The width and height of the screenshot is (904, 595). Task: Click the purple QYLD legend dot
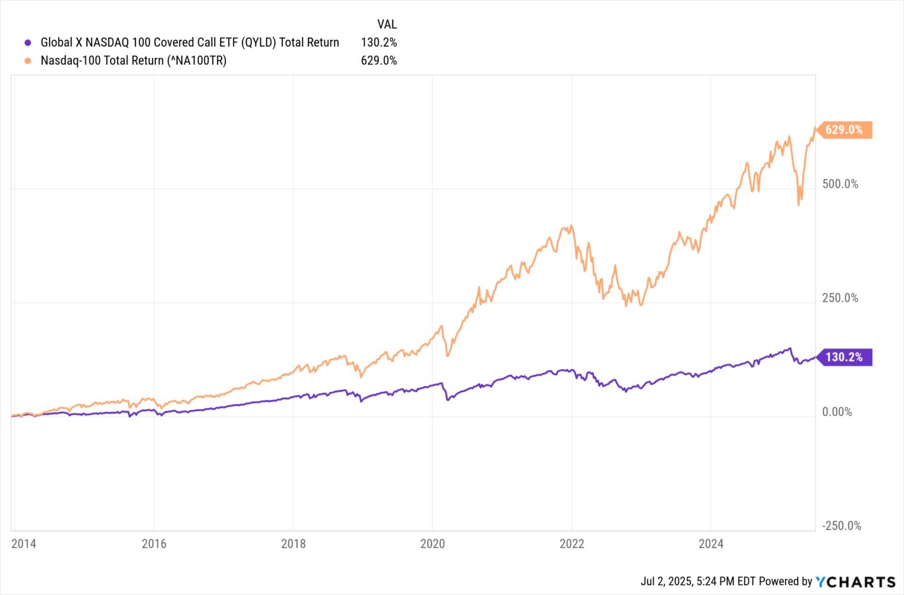[x=28, y=42]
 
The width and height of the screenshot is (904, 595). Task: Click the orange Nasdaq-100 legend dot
[x=28, y=61]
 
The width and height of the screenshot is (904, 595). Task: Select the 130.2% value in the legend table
[x=378, y=42]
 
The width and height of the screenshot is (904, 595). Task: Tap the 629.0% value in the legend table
[x=378, y=61]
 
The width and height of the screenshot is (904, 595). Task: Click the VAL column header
[x=387, y=24]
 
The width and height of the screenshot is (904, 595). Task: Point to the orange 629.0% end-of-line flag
[x=843, y=129]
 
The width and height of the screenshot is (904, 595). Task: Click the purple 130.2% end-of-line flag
[x=843, y=357]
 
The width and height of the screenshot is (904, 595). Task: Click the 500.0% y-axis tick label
[x=840, y=184]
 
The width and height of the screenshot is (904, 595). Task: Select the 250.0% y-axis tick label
[x=840, y=298]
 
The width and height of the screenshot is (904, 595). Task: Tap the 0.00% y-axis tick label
[x=836, y=412]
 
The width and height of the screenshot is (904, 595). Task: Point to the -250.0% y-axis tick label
[x=841, y=526]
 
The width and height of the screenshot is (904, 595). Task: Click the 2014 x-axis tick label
[x=24, y=544]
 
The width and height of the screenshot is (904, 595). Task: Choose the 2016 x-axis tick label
[x=154, y=544]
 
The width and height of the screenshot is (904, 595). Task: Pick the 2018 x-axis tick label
[x=293, y=544]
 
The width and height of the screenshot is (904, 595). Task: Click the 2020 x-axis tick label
[x=432, y=544]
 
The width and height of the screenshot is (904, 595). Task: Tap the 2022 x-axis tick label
[x=571, y=544]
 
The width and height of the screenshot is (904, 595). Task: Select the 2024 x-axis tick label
[x=710, y=544]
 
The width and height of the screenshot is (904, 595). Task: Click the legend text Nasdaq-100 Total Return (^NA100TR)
[x=134, y=61]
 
